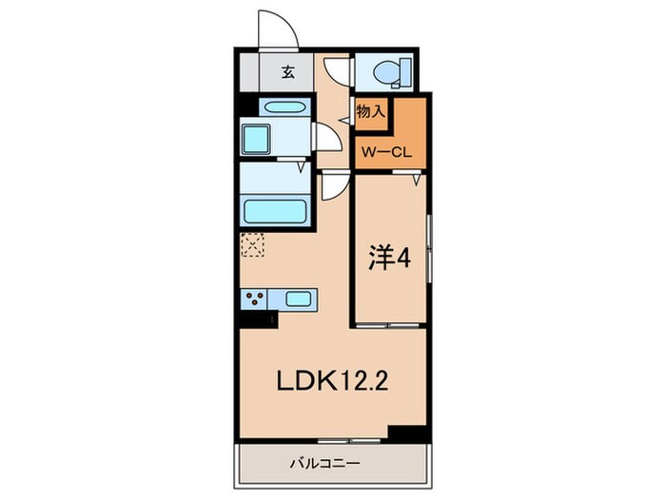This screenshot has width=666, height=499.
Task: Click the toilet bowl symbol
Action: tap(389, 71)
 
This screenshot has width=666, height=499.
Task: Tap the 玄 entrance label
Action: tap(286, 70)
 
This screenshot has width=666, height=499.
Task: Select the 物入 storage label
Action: tap(371, 111)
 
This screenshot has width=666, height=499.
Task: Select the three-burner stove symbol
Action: tap(254, 300)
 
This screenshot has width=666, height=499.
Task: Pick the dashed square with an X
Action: tap(252, 245)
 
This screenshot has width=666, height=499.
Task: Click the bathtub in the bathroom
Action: tap(275, 210)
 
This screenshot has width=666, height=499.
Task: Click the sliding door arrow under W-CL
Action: tap(416, 177)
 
